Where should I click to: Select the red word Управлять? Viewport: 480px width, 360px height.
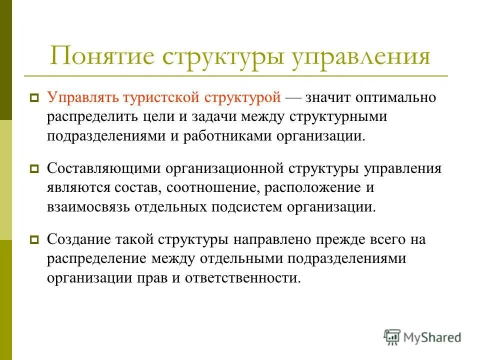coord(80,97)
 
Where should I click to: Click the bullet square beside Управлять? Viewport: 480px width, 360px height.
coord(34,98)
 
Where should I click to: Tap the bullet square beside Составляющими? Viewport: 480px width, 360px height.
coord(34,169)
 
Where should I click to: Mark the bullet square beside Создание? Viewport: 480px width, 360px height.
coord(34,240)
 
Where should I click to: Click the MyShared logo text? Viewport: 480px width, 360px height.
coord(432,337)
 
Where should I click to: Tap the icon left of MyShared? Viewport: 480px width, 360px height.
coord(392,337)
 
